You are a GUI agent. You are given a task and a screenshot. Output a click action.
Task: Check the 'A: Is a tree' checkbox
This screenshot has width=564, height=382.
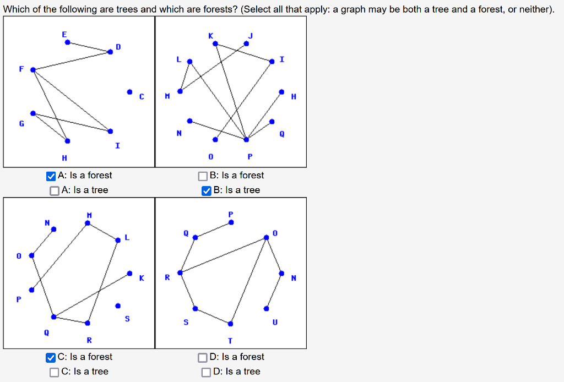click(x=54, y=190)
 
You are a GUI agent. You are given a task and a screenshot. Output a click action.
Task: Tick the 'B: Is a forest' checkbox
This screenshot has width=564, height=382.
click(x=204, y=176)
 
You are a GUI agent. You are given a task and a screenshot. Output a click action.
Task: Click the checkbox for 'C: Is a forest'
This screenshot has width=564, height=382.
click(x=51, y=357)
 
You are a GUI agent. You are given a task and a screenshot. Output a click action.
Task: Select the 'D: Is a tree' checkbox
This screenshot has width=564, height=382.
click(x=206, y=372)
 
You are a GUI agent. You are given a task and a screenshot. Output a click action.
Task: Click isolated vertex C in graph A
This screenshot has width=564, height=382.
click(x=129, y=91)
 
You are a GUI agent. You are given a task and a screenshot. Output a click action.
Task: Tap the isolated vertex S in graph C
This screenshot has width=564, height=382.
click(x=117, y=305)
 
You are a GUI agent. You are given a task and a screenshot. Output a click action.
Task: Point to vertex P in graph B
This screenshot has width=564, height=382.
click(x=246, y=139)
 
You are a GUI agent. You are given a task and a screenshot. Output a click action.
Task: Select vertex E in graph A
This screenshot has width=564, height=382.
click(x=67, y=41)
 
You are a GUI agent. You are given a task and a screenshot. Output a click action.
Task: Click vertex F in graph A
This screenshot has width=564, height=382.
click(x=33, y=69)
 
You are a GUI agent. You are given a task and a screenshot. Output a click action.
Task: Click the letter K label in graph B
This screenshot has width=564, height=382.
click(x=210, y=35)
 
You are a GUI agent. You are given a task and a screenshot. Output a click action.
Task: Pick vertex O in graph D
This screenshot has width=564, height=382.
click(x=267, y=237)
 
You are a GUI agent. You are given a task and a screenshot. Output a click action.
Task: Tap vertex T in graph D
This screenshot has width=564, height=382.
click(x=230, y=323)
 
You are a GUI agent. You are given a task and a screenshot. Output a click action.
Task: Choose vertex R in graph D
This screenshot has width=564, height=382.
click(x=180, y=272)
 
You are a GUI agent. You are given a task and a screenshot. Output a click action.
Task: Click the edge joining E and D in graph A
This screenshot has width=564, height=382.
click(x=88, y=46)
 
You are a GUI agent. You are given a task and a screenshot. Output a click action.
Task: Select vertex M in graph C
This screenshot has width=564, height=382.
click(x=87, y=223)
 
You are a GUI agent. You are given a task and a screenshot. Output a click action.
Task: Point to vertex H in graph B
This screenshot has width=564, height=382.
click(x=281, y=91)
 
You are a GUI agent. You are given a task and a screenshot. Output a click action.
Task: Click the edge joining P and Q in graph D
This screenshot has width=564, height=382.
click(x=213, y=230)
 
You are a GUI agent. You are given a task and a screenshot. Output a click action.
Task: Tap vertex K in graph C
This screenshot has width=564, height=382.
click(x=129, y=273)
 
